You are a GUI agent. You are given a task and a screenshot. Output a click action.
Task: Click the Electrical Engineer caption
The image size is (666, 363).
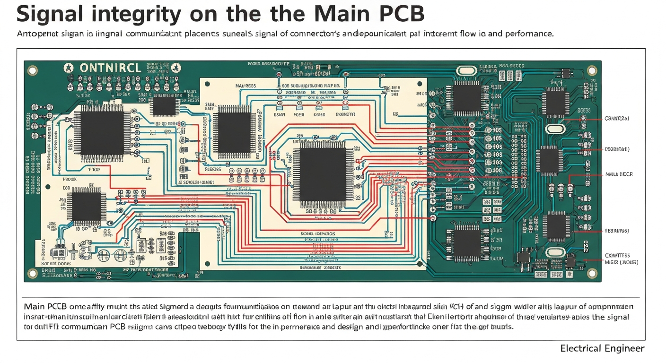[x=602, y=349]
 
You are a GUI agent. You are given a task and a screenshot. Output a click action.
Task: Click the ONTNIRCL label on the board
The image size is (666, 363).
[x=110, y=68]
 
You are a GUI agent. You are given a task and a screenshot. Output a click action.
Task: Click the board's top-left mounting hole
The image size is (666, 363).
[x=32, y=71]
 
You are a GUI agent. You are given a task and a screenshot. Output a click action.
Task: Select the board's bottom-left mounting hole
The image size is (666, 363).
[x=32, y=273]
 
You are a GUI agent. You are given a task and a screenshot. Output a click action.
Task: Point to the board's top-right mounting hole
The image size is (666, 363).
[x=591, y=70]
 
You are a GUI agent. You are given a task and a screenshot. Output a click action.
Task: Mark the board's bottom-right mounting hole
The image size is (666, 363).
[x=591, y=273]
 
